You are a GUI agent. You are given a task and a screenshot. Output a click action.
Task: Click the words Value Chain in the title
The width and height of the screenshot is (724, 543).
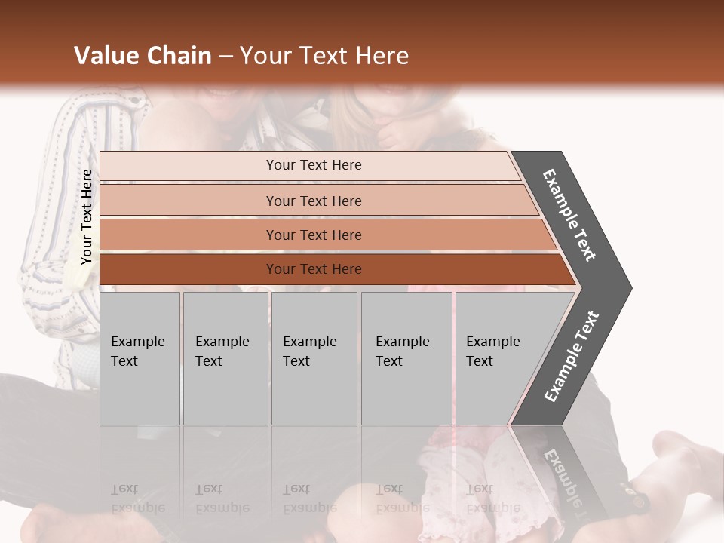pyautogui.click(x=143, y=56)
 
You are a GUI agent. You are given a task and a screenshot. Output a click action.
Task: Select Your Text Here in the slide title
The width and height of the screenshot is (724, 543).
pyautogui.click(x=324, y=56)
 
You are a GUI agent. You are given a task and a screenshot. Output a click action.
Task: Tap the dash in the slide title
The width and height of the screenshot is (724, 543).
pyautogui.click(x=225, y=57)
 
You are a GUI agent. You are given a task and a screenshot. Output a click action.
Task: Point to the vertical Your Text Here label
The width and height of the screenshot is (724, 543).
pyautogui.click(x=87, y=216)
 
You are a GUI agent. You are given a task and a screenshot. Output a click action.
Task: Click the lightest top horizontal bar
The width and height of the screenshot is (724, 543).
pyautogui.click(x=313, y=165)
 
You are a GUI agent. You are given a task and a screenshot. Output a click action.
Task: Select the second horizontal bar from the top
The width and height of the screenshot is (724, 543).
pyautogui.click(x=313, y=201)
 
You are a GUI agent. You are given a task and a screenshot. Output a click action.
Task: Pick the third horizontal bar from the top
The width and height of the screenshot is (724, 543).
pyautogui.click(x=313, y=235)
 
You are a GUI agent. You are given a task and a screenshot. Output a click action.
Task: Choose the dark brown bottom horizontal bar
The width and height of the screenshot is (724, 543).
pyautogui.click(x=313, y=269)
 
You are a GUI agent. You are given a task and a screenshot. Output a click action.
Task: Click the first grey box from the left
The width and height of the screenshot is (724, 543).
pyautogui.click(x=140, y=358)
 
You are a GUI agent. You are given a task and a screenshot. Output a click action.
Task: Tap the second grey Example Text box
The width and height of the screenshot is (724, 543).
pyautogui.click(x=225, y=358)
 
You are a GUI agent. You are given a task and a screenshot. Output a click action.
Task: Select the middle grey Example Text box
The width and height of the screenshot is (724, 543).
pyautogui.click(x=313, y=358)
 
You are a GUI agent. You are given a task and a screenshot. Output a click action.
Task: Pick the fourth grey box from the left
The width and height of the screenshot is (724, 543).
pyautogui.click(x=406, y=358)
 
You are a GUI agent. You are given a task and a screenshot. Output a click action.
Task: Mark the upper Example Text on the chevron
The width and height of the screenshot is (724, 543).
pyautogui.click(x=569, y=215)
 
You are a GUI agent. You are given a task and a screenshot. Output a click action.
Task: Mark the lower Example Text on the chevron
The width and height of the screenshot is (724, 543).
pyautogui.click(x=572, y=357)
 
